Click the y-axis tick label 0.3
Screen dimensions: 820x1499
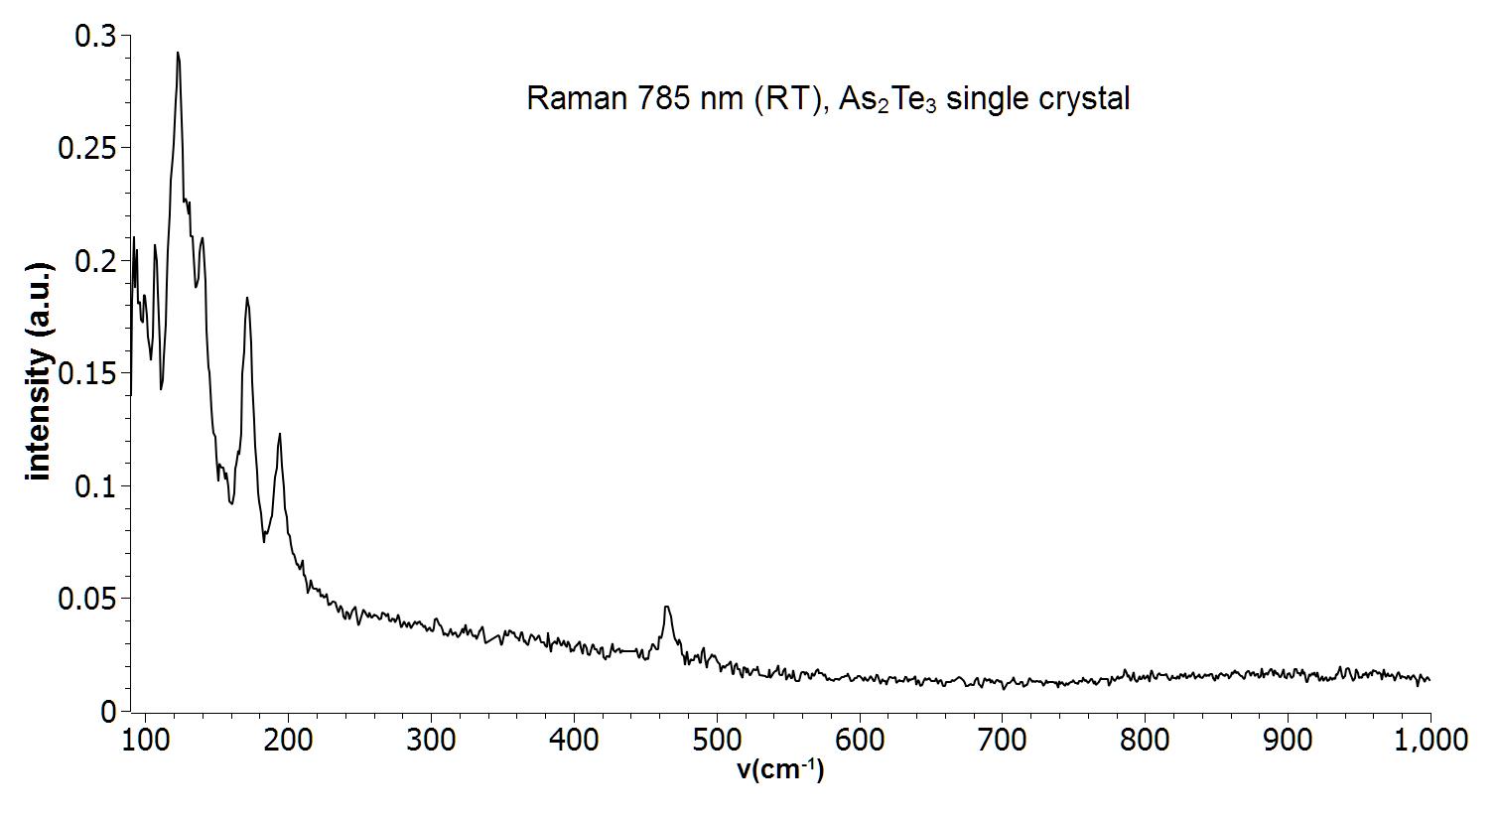[x=96, y=37]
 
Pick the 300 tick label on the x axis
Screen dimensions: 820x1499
[x=431, y=740]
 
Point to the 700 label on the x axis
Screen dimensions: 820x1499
[x=1003, y=740]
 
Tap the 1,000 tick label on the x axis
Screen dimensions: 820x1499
[x=1429, y=740]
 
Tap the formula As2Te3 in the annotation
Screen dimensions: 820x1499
[x=887, y=99]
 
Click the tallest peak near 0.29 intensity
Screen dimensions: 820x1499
[x=178, y=54]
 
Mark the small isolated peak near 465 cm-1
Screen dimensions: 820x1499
[x=667, y=607]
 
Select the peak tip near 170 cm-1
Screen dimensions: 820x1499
[x=247, y=298]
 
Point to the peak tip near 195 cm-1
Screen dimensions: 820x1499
[x=280, y=434]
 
